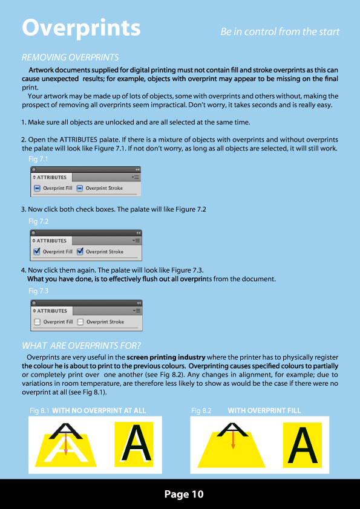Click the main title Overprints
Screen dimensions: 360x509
click(x=81, y=28)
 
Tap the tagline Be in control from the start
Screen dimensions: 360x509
click(x=280, y=32)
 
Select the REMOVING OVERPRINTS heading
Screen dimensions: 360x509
click(x=70, y=57)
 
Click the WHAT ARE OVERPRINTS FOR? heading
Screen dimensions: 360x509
click(x=81, y=346)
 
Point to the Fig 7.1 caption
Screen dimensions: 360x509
click(x=38, y=159)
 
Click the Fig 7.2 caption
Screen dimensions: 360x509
click(x=38, y=221)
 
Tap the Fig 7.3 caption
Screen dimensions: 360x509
click(x=38, y=291)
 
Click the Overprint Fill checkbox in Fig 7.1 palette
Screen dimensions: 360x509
click(x=37, y=188)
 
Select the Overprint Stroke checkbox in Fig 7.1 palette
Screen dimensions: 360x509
click(x=80, y=188)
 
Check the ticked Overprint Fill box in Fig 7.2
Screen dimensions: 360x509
click(x=37, y=251)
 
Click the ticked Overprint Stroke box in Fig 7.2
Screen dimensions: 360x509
click(x=80, y=251)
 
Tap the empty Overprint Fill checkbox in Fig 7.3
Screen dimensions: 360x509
click(x=38, y=322)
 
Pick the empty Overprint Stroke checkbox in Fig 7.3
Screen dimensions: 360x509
click(x=80, y=322)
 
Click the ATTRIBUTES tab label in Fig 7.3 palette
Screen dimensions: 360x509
click(x=52, y=311)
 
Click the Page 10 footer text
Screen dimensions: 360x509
click(x=184, y=494)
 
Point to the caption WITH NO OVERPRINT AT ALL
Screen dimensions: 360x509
click(x=99, y=410)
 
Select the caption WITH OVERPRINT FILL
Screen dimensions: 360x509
click(x=264, y=410)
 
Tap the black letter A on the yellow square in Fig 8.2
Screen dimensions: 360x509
click(x=303, y=446)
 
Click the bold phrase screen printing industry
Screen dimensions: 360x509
click(x=166, y=358)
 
